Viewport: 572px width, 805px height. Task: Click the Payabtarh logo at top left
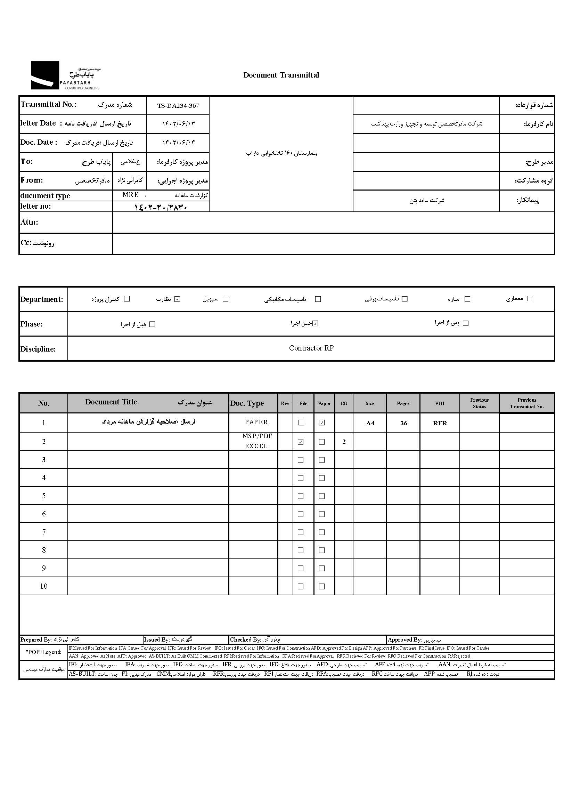(65, 75)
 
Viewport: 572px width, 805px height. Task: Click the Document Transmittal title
(281, 75)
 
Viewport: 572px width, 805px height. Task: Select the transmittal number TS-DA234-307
(178, 106)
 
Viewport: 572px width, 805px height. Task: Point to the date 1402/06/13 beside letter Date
(178, 124)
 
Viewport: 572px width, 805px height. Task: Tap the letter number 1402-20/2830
(161, 207)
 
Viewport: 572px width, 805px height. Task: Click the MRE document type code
(130, 195)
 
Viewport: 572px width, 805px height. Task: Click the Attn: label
(29, 222)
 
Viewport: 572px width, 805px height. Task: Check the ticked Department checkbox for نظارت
(177, 299)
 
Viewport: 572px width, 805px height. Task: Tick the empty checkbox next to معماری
(530, 298)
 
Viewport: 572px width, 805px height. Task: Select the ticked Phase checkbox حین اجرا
(315, 323)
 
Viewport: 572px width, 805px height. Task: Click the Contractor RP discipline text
(311, 348)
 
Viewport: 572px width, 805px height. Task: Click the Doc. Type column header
(247, 403)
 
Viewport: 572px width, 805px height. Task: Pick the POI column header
(440, 403)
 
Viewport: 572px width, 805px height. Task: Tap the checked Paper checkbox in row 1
(321, 422)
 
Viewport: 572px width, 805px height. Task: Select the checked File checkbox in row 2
(301, 442)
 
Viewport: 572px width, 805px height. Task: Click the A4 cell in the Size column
(370, 423)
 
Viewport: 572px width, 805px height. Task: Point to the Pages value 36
(403, 423)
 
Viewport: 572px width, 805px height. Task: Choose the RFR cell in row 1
(440, 423)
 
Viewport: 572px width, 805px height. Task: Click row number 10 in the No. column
(44, 586)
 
